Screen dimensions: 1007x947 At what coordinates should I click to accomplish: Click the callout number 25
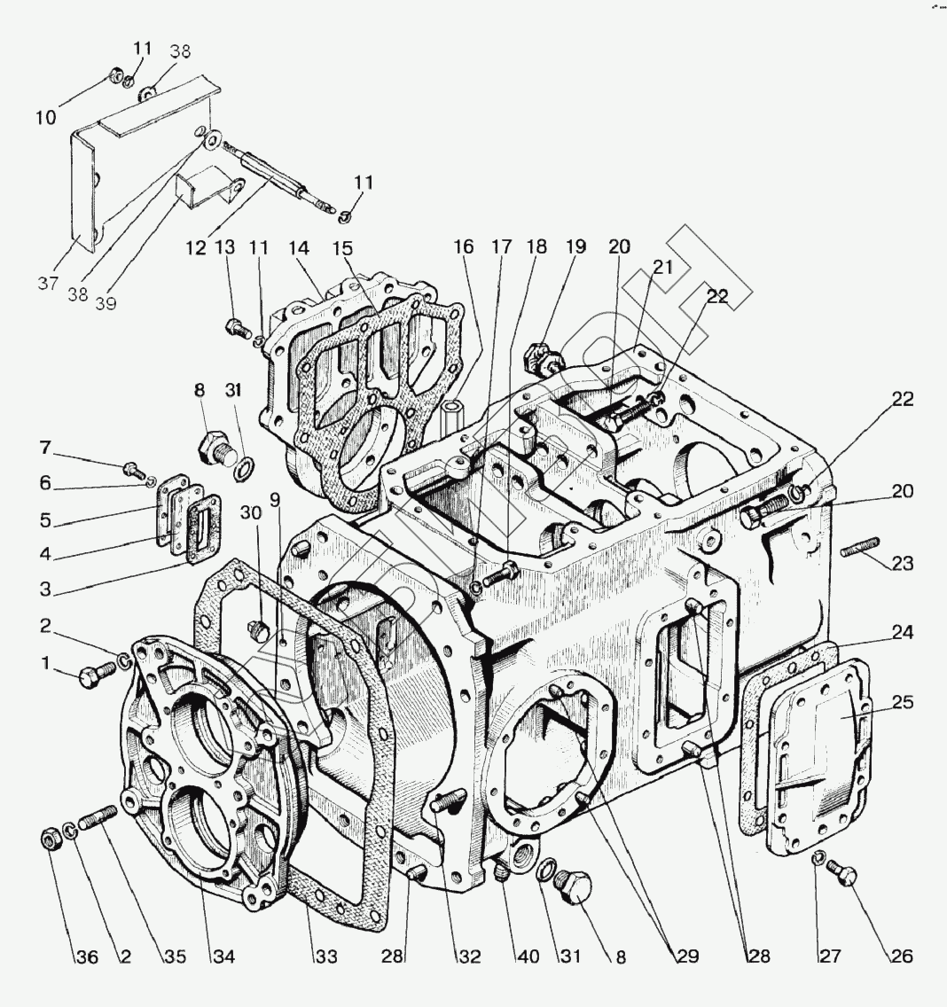click(903, 701)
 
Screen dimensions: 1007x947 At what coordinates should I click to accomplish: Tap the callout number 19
click(576, 247)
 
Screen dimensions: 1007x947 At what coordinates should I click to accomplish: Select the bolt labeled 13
click(237, 328)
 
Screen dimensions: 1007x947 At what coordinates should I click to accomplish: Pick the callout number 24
click(903, 633)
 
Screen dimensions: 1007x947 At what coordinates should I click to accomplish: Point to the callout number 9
click(276, 499)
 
